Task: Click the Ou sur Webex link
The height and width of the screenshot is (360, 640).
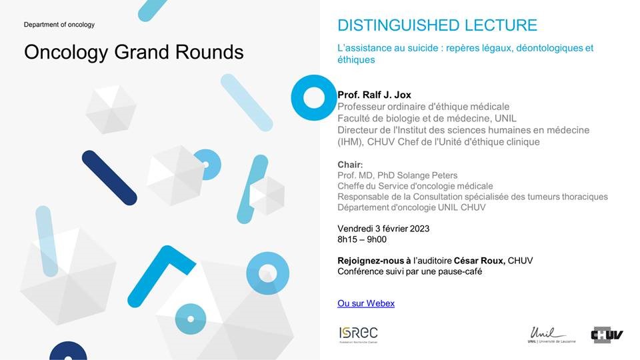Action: tap(366, 303)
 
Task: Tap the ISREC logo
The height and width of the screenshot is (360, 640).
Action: tap(359, 335)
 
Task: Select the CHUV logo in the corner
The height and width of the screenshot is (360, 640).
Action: tap(607, 335)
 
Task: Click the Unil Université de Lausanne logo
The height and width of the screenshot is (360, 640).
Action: tap(551, 335)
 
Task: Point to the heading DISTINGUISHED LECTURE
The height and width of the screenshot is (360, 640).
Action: tap(437, 25)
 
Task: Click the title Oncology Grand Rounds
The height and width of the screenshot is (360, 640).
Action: tap(134, 52)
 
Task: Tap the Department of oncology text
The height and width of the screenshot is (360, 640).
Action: tap(59, 25)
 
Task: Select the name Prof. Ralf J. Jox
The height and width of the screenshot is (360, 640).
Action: tap(374, 95)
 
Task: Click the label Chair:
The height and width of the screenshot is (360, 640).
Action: tap(350, 165)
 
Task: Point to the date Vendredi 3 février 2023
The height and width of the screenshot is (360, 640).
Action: tap(383, 229)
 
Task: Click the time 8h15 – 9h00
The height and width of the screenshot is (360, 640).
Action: tap(362, 239)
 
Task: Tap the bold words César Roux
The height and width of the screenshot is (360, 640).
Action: tap(479, 261)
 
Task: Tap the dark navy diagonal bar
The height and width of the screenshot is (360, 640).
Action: tap(109, 178)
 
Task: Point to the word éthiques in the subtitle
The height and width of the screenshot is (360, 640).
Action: tap(356, 59)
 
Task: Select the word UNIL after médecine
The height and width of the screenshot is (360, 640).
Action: tap(505, 119)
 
